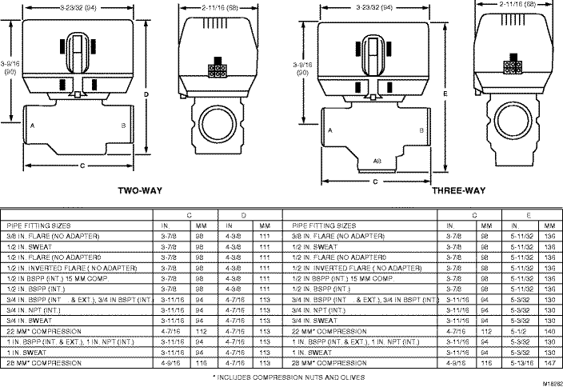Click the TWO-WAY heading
[x=142, y=192]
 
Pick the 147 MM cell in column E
[x=549, y=362]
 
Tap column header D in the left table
[x=243, y=214]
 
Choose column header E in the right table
[x=530, y=214]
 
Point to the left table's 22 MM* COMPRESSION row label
[x=46, y=329]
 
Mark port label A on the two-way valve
[x=32, y=126]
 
